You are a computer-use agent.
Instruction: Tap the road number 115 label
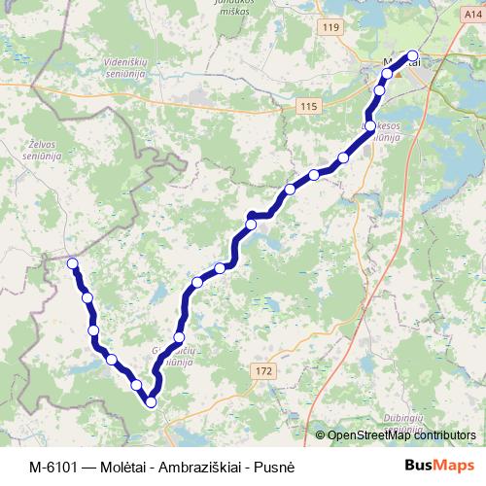tap(309, 106)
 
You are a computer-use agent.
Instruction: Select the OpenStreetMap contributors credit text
tap(401, 434)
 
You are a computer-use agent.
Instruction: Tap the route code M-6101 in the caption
tap(52, 466)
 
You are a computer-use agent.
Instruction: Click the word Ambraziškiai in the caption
tap(202, 466)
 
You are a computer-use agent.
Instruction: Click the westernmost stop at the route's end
tap(72, 262)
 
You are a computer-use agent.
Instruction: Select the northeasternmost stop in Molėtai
tap(413, 55)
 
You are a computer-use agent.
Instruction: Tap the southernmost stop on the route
tap(151, 402)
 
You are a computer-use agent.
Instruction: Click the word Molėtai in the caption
tap(124, 466)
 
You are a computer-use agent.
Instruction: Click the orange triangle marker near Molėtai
tap(397, 72)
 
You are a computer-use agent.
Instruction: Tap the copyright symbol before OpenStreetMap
tap(321, 434)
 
